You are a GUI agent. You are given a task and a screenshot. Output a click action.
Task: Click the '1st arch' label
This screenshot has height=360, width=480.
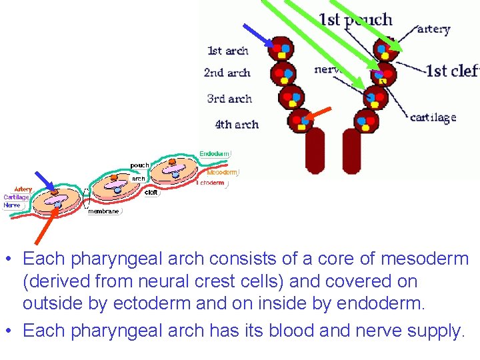(228, 51)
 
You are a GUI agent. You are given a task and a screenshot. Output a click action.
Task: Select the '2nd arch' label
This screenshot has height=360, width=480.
(227, 73)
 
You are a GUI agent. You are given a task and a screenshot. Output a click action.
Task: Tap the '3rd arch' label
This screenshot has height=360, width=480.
(229, 99)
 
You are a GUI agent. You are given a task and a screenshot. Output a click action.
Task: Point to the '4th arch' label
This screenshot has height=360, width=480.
(236, 124)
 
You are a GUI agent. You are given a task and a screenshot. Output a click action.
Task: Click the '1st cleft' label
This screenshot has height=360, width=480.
(452, 71)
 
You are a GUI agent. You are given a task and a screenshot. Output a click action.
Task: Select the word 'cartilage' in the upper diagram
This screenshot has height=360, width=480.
(433, 117)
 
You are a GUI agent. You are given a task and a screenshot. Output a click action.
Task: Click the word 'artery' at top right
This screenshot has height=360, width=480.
(434, 29)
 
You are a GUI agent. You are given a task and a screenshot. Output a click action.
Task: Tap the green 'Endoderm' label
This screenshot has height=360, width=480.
(215, 153)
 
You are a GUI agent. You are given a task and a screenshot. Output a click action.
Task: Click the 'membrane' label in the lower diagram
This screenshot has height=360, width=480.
(103, 211)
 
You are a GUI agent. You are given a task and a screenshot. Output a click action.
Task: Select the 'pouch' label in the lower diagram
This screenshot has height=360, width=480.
(139, 165)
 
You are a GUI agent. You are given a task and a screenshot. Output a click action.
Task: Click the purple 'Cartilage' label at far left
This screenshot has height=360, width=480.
(16, 197)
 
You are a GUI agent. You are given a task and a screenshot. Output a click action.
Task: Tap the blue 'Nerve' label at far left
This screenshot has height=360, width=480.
(12, 205)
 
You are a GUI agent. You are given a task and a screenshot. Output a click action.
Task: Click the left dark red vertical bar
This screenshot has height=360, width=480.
(314, 150)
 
